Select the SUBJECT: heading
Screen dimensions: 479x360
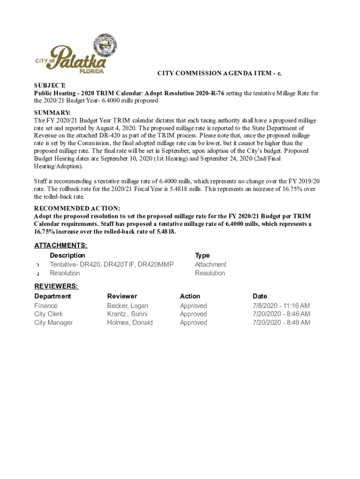[50, 85]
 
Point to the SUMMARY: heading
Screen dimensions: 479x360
[52, 113]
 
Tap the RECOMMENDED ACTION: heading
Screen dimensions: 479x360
[77, 208]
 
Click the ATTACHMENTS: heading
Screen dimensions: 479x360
[61, 246]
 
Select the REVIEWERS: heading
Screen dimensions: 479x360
[56, 286]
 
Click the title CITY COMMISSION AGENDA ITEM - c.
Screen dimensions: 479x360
[219, 73]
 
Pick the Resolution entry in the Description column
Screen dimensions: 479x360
[65, 273]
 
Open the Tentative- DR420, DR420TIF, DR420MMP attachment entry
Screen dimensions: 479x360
[112, 265]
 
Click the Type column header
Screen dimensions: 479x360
[202, 255]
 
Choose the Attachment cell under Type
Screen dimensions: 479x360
[210, 265]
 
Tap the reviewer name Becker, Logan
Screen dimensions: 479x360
[128, 306]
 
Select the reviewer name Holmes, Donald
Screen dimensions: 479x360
[130, 323]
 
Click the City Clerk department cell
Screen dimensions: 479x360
[49, 314]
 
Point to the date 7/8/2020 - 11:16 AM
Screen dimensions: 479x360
[281, 306]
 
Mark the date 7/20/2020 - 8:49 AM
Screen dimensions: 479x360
[281, 323]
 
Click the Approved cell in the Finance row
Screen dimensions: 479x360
[193, 306]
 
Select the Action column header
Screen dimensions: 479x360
[190, 296]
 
